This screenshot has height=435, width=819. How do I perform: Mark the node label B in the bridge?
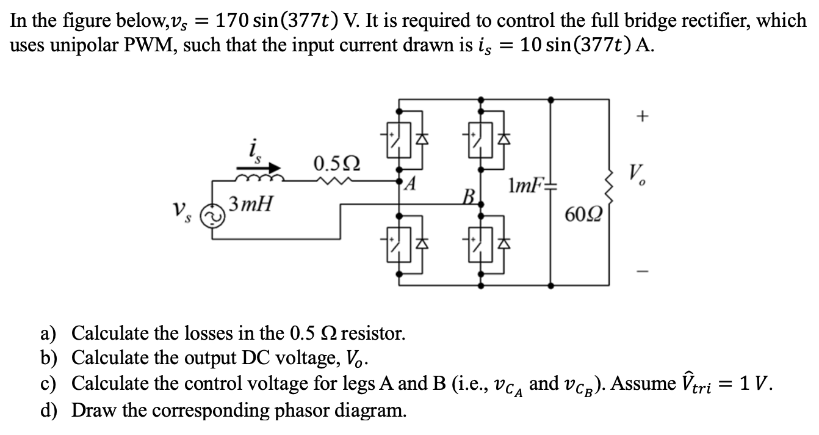[x=469, y=199]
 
